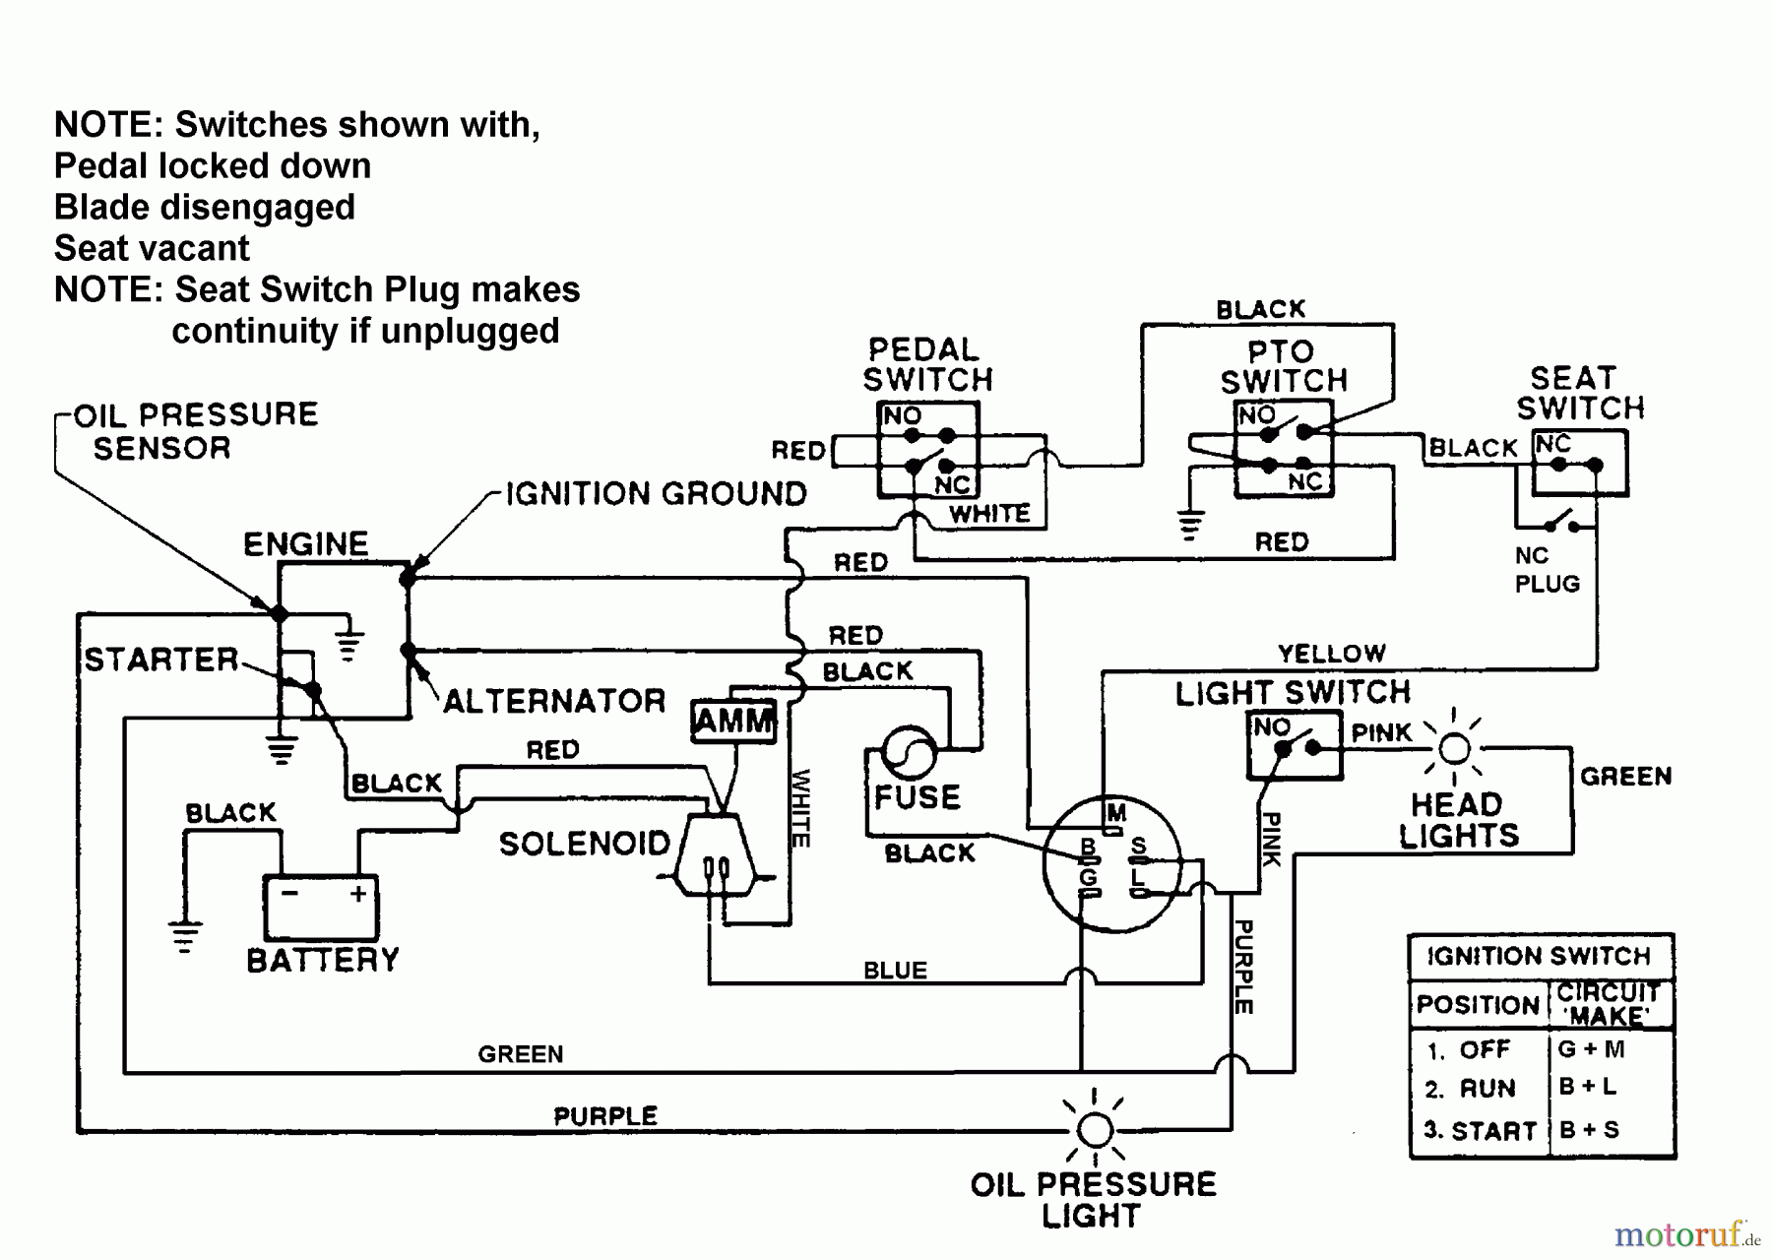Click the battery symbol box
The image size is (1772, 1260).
(x=320, y=907)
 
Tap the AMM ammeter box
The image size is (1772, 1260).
(x=733, y=721)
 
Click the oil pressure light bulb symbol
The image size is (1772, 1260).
(x=1095, y=1129)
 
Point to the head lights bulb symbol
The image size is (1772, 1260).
(x=1454, y=749)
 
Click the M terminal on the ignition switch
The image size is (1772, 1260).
(x=1115, y=813)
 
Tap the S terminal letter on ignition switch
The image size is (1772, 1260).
(x=1139, y=846)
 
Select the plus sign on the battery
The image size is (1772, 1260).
(x=357, y=893)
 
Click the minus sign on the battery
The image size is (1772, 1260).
(x=289, y=893)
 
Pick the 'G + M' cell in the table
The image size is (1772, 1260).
(x=1591, y=1048)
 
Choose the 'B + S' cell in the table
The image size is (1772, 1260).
(x=1589, y=1129)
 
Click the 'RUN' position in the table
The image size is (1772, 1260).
(x=1487, y=1089)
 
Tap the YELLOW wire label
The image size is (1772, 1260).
(x=1331, y=654)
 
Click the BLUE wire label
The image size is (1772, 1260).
(x=895, y=971)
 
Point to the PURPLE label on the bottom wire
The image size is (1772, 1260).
(x=605, y=1115)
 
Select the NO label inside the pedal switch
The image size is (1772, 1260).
(x=902, y=415)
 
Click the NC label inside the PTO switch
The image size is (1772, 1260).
(x=1305, y=481)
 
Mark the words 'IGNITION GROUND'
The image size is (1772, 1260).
(x=656, y=493)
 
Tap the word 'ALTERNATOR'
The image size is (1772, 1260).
(x=554, y=701)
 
